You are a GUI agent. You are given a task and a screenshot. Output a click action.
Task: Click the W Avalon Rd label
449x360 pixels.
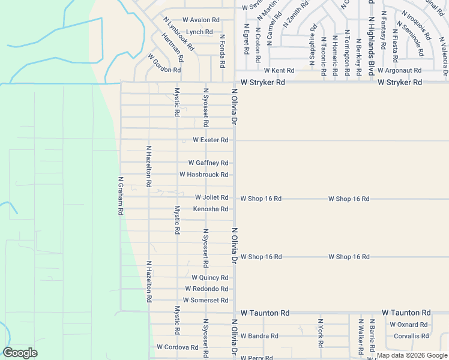click(201, 20)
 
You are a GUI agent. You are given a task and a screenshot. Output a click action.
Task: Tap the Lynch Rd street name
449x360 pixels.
click(199, 32)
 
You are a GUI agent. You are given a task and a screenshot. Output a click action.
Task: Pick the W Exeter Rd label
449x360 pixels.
click(210, 140)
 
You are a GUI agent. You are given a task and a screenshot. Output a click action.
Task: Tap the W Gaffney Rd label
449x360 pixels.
click(208, 163)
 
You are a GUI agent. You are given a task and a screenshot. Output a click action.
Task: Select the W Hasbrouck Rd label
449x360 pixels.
click(203, 175)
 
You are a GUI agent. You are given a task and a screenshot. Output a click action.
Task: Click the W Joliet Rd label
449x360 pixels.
click(211, 197)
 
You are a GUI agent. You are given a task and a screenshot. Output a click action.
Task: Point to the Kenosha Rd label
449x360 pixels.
click(210, 209)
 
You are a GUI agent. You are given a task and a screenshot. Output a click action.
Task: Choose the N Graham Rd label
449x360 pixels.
click(121, 196)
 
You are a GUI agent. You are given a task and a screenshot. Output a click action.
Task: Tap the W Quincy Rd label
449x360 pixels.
click(209, 277)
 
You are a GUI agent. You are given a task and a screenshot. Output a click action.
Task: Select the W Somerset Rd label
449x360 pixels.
click(205, 300)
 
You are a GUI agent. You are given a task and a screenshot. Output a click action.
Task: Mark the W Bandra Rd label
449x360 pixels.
click(259, 336)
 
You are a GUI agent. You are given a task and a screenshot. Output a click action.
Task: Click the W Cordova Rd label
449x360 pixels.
click(178, 347)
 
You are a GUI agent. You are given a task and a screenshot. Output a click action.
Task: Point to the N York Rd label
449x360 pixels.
click(321, 334)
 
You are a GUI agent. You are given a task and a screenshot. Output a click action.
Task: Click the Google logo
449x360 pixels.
click(20, 353)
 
